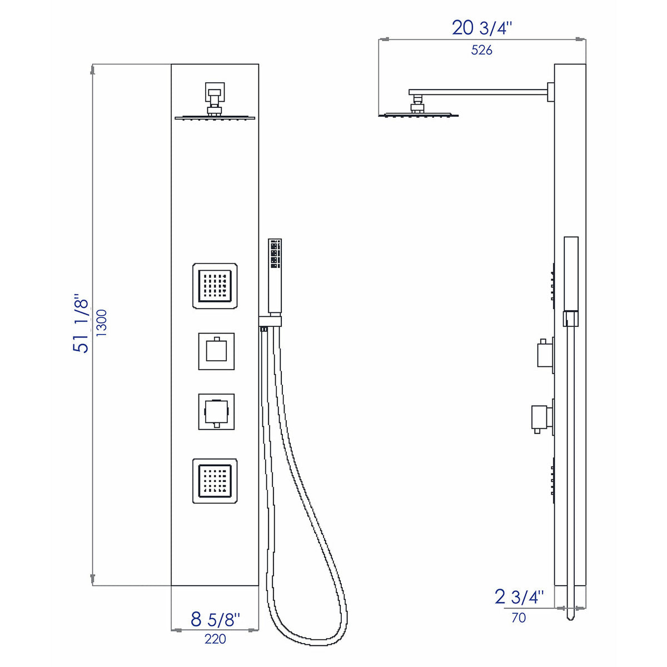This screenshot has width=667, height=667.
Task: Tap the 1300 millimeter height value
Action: pyautogui.click(x=102, y=323)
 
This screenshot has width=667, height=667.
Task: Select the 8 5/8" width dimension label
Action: pyautogui.click(x=215, y=619)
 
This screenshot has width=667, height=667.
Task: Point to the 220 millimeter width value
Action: pyautogui.click(x=215, y=639)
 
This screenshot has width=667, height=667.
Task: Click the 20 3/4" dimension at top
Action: pyautogui.click(x=481, y=27)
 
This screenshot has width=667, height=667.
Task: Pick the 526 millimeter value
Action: pyautogui.click(x=481, y=50)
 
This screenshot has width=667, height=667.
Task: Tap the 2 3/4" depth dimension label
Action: pyautogui.click(x=519, y=597)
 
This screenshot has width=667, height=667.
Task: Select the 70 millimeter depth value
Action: pyautogui.click(x=518, y=618)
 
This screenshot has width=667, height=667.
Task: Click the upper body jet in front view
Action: pyautogui.click(x=215, y=286)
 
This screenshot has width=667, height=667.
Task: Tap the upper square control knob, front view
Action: pyautogui.click(x=216, y=351)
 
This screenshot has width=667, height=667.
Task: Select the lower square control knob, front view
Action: pyautogui.click(x=216, y=412)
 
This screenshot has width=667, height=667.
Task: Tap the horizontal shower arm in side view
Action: pyautogui.click(x=478, y=92)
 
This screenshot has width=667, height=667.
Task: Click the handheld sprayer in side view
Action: pyautogui.click(x=571, y=272)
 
